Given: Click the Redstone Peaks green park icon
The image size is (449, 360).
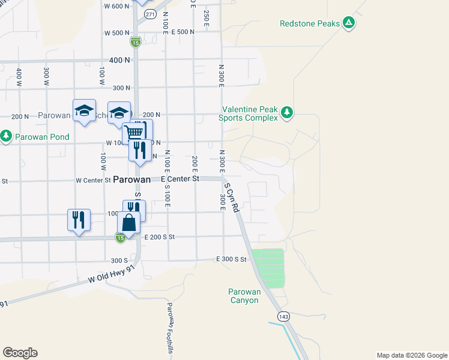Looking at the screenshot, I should (x=349, y=24).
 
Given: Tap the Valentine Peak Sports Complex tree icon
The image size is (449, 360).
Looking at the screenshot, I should (x=288, y=112).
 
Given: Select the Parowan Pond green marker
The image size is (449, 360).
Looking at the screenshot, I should (x=6, y=136).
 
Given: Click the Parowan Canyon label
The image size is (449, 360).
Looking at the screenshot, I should (x=245, y=296).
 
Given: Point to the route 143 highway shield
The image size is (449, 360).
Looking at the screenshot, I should (x=283, y=316).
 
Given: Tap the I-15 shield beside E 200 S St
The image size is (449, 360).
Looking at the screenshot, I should (x=121, y=238).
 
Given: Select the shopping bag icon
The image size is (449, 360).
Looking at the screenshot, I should (x=130, y=223).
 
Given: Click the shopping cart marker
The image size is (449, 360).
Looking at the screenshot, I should (x=135, y=131).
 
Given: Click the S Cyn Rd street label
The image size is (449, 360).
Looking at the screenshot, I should (x=232, y=197).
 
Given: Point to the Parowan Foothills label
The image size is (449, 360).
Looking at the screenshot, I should (x=170, y=327).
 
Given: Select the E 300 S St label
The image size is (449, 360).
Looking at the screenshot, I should (x=232, y=259).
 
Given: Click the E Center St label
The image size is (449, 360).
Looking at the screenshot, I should (x=180, y=179).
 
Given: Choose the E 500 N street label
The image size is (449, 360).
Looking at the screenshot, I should (x=182, y=32).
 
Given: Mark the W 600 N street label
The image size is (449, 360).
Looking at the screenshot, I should (x=116, y=6).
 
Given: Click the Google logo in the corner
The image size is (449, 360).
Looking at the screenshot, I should (x=20, y=352).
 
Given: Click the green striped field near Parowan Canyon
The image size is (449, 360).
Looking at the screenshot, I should (x=268, y=268).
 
